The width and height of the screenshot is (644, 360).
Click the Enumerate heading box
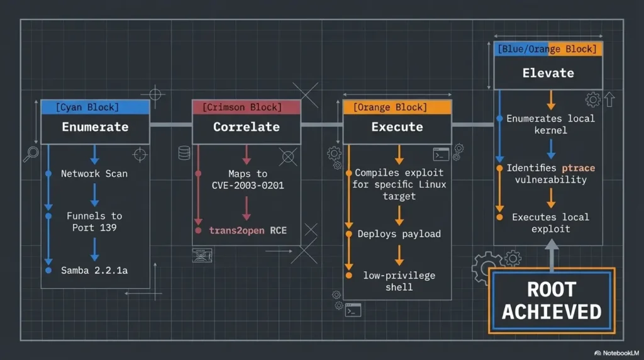tap(95, 127)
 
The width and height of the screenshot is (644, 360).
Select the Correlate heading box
tap(246, 127)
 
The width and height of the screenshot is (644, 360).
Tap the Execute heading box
tap(397, 127)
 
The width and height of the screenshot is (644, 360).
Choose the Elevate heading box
tap(548, 73)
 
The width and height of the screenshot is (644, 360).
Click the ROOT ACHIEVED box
tap(552, 300)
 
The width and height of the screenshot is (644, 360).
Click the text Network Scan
tap(94, 174)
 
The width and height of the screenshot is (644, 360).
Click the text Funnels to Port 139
tap(94, 222)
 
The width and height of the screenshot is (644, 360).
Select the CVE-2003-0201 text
tap(248, 185)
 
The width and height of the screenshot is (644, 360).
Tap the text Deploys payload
tap(399, 234)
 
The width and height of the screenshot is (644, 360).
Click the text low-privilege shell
tap(399, 281)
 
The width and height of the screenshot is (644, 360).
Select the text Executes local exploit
tap(550, 223)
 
